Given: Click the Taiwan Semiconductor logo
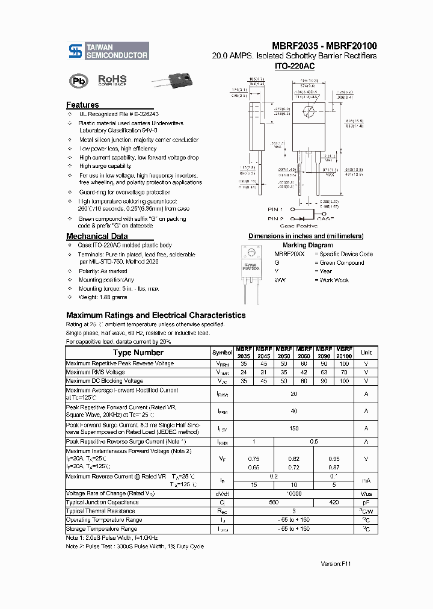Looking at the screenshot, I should pyautogui.click(x=108, y=51).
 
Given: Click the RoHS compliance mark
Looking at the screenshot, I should pyautogui.click(x=112, y=80).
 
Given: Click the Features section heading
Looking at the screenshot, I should pyautogui.click(x=82, y=105).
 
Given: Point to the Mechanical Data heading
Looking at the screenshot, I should pyautogui.click(x=97, y=236).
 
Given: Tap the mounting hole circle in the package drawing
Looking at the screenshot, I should pyautogui.click(x=309, y=111).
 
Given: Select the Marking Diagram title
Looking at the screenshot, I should pyautogui.click(x=307, y=245).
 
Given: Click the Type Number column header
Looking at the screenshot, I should pyautogui.click(x=138, y=353).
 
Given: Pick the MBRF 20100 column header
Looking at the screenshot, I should pyautogui.click(x=344, y=353).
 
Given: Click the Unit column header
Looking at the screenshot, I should pyautogui.click(x=366, y=353).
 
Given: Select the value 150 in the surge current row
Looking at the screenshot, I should pyautogui.click(x=294, y=429).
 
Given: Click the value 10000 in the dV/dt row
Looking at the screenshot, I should pyautogui.click(x=294, y=493).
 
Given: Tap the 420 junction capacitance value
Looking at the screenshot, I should pyautogui.click(x=334, y=502).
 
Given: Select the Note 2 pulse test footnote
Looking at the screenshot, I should pyautogui.click(x=135, y=546).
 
